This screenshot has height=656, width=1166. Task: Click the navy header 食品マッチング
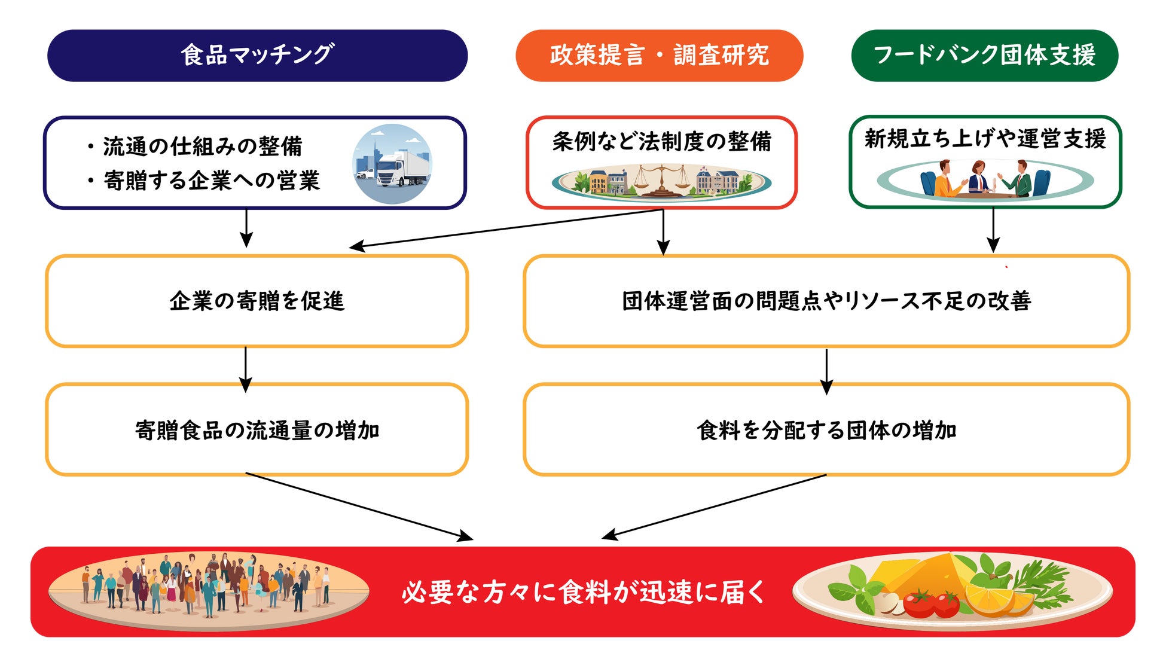(x=257, y=55)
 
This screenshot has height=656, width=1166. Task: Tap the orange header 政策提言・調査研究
(x=659, y=55)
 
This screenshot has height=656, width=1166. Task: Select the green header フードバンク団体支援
(x=984, y=55)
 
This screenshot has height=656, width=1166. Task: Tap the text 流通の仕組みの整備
(x=202, y=146)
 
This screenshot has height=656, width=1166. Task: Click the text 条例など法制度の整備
(x=661, y=141)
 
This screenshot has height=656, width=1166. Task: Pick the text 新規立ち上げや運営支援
(x=985, y=138)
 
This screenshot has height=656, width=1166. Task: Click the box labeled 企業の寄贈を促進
(x=257, y=301)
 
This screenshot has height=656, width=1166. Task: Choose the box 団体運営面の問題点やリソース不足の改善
(x=826, y=301)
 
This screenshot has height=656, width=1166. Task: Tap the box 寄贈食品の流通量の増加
(x=257, y=429)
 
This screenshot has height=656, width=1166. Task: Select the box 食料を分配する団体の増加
(x=826, y=429)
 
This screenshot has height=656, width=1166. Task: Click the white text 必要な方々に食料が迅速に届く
(x=583, y=592)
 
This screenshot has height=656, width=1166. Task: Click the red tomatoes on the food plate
(x=930, y=603)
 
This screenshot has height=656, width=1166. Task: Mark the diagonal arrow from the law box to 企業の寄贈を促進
(x=506, y=228)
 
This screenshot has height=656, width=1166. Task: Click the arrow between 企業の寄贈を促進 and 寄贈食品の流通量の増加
(x=246, y=369)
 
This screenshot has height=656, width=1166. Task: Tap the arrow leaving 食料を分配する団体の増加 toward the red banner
(x=714, y=507)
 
